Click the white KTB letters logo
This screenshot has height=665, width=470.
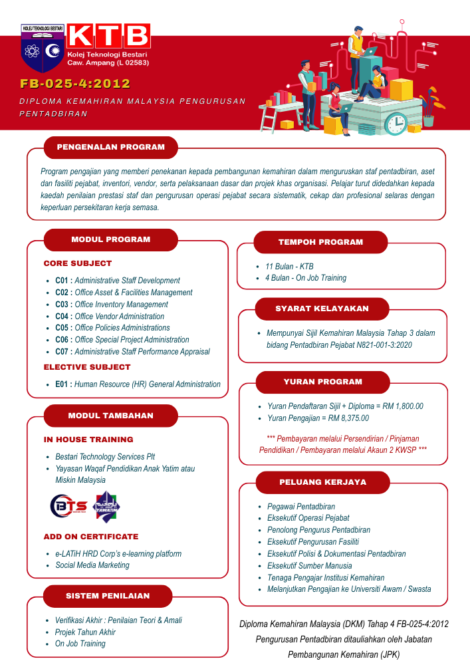click(x=108, y=35)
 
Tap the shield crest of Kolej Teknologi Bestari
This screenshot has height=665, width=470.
click(x=41, y=49)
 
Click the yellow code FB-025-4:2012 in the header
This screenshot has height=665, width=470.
click(x=74, y=84)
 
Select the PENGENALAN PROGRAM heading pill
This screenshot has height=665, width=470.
click(x=110, y=148)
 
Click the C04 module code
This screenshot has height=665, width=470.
click(x=62, y=317)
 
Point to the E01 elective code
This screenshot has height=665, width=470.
click(x=62, y=384)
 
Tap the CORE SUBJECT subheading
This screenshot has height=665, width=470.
click(x=78, y=263)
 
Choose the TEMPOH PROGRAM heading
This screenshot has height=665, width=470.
click(x=320, y=242)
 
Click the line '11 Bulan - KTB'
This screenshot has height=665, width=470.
click(x=289, y=266)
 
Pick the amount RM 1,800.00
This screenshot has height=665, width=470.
click(x=399, y=406)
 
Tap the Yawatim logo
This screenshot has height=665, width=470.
click(x=107, y=507)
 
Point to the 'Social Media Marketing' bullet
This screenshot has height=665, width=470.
click(x=92, y=565)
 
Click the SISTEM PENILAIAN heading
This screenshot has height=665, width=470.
click(x=107, y=596)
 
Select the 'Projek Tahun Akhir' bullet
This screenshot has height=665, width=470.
click(x=85, y=632)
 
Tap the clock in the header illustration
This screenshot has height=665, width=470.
click(x=396, y=124)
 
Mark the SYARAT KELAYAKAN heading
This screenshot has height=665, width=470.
click(x=322, y=309)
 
